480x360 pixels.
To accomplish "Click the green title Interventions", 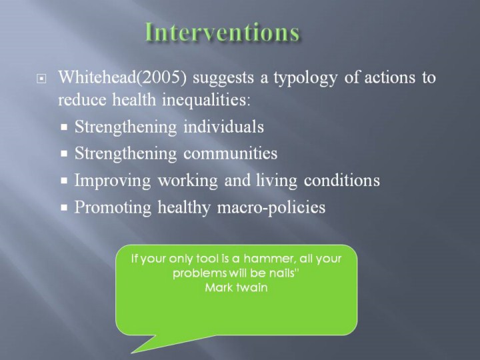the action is click(x=222, y=33).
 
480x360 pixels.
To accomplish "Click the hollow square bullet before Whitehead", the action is click(x=41, y=79).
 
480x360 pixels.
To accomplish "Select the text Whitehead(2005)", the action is click(x=122, y=77).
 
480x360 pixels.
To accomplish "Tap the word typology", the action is click(x=305, y=79).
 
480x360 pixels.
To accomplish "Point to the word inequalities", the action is click(x=206, y=99).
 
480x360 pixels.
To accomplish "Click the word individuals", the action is click(x=223, y=127).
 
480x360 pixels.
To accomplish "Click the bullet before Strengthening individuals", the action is click(x=64, y=127).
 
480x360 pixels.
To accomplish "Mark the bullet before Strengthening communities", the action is click(x=64, y=154).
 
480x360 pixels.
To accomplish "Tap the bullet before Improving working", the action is click(x=64, y=181).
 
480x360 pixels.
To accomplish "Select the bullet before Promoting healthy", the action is click(x=64, y=207).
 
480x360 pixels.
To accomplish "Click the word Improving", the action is click(x=113, y=181).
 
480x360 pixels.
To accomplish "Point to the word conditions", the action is click(x=341, y=180).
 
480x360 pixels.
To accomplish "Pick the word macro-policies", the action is click(x=271, y=207).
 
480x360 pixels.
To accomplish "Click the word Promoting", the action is click(x=113, y=207).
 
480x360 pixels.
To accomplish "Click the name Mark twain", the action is click(x=236, y=287).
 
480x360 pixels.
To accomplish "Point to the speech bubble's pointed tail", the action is click(x=131, y=353).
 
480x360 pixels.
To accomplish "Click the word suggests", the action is click(x=223, y=79).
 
